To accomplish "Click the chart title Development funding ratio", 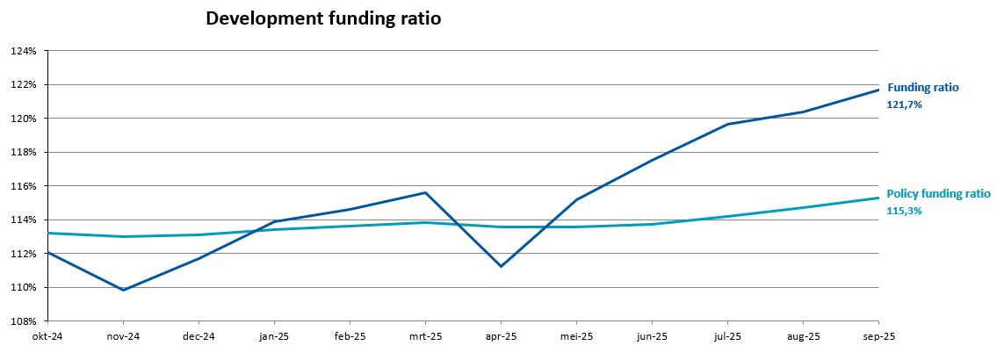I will (x=322, y=18).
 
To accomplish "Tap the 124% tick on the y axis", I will (x=23, y=51).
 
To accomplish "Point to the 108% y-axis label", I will (x=23, y=321).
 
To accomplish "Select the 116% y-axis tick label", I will (x=23, y=186).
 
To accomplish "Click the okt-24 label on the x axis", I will (x=47, y=336).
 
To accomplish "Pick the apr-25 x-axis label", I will (x=501, y=336).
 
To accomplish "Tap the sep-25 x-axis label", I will (x=878, y=336).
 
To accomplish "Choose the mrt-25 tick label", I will (x=425, y=336).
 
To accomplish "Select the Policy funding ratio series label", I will (x=938, y=194).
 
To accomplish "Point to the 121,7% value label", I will (x=905, y=104).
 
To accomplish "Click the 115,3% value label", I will (x=905, y=211).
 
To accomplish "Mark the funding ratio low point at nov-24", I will (x=123, y=290).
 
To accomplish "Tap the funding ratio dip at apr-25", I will (x=501, y=266).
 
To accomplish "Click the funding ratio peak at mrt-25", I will (x=425, y=192).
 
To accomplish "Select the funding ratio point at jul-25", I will (x=727, y=124).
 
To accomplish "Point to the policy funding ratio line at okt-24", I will (x=48, y=233).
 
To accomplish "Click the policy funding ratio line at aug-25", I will (x=803, y=207).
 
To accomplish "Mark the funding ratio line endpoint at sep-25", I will (x=878, y=90).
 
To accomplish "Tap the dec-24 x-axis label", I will (x=199, y=336).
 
